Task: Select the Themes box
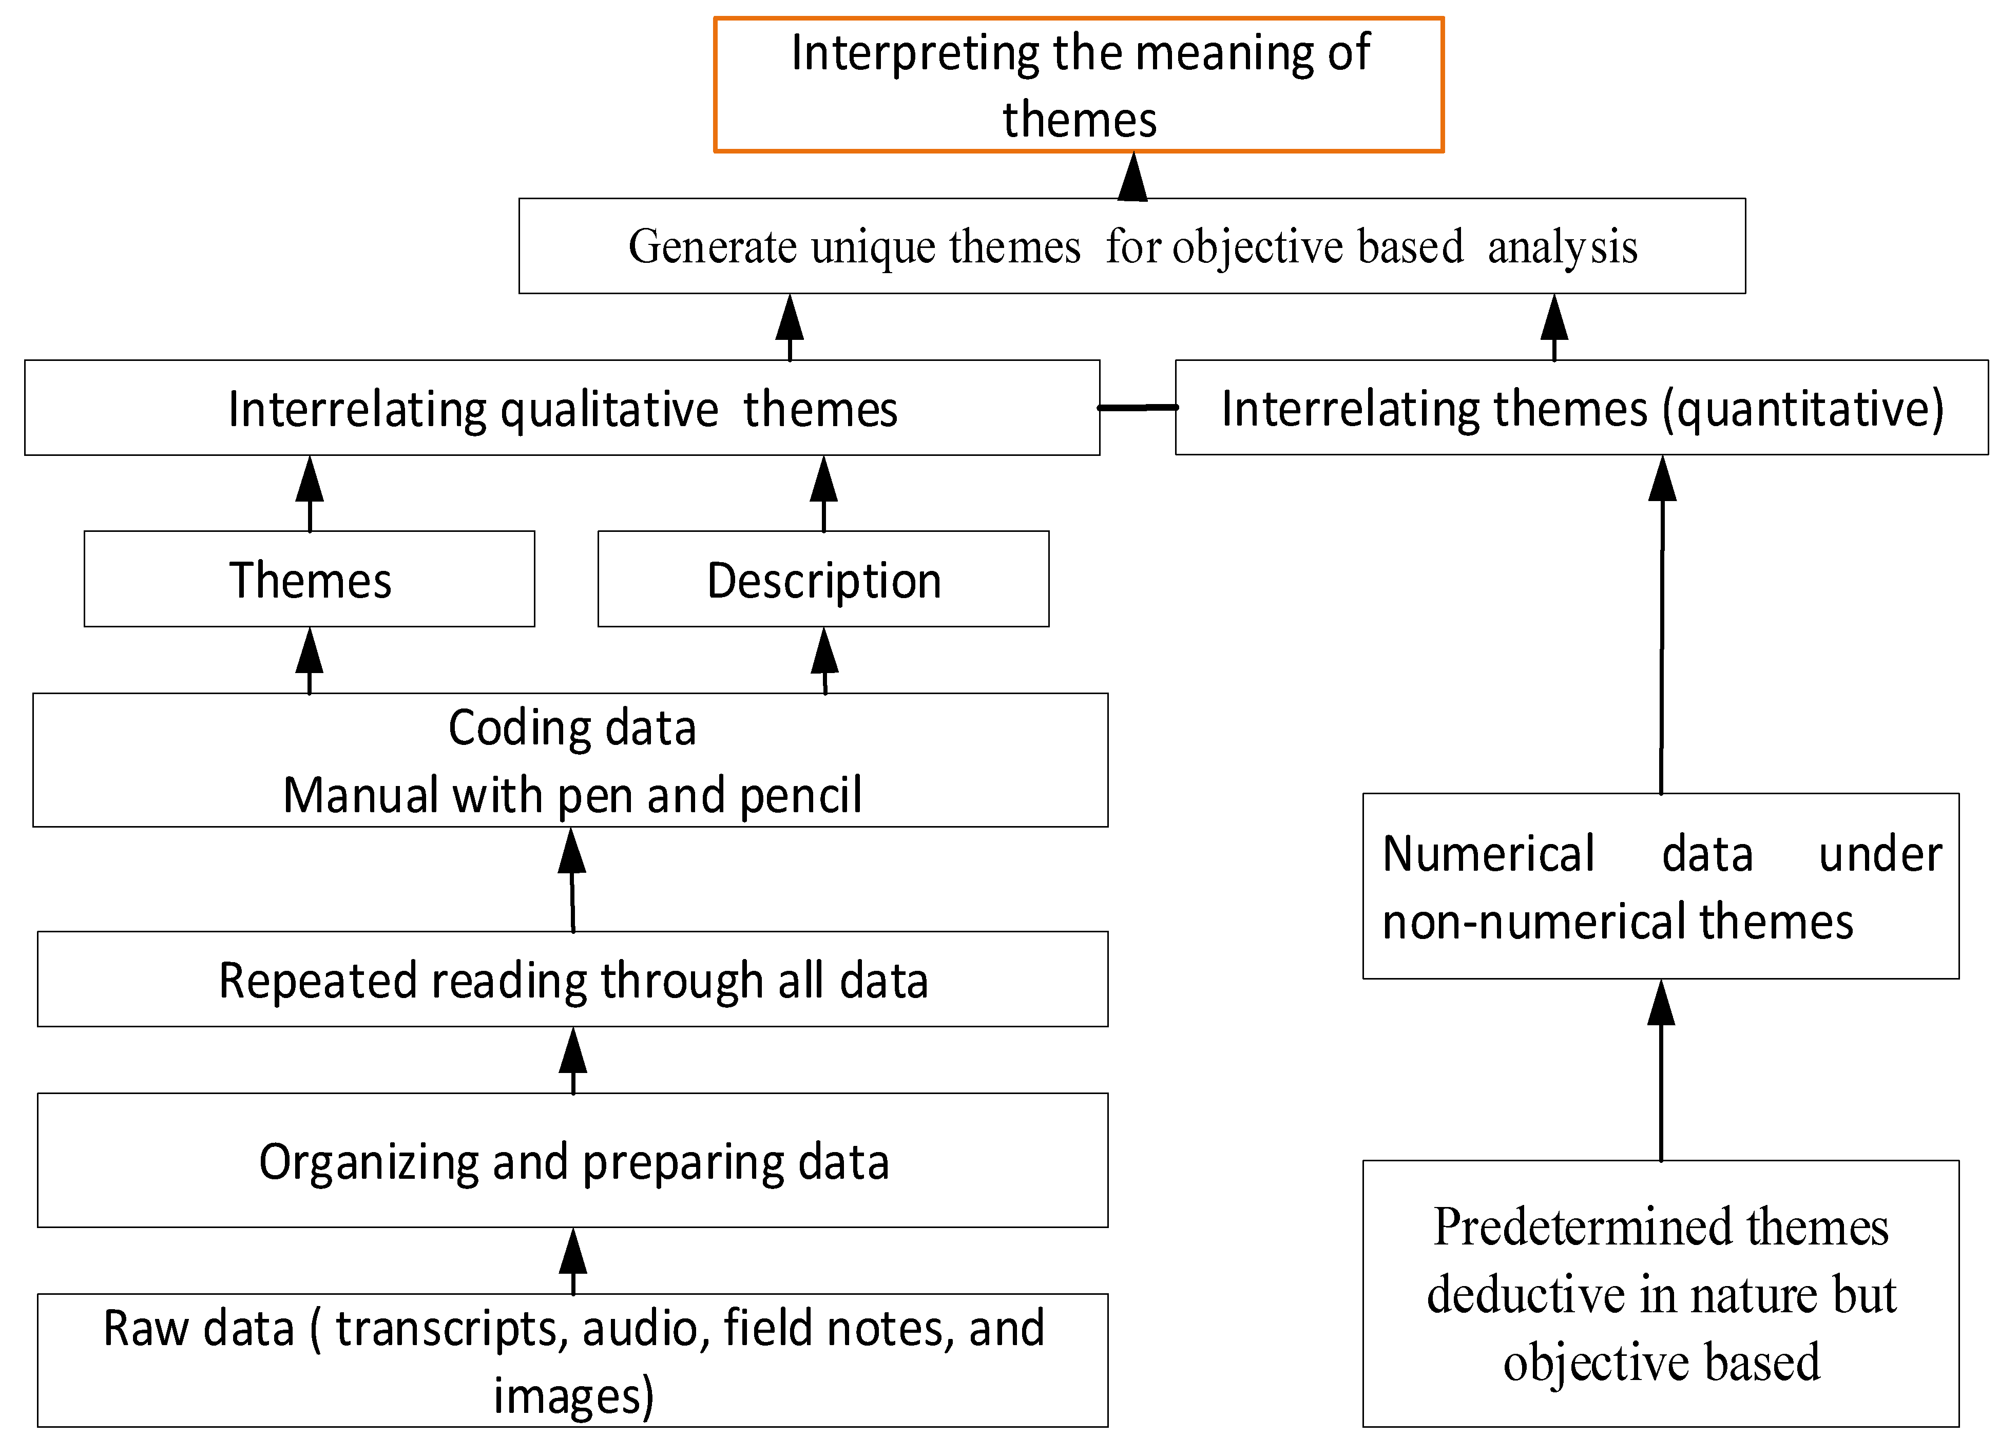tap(310, 579)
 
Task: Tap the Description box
tap(823, 579)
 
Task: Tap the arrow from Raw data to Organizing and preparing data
tap(573, 1261)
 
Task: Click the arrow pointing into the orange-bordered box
tap(1132, 176)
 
